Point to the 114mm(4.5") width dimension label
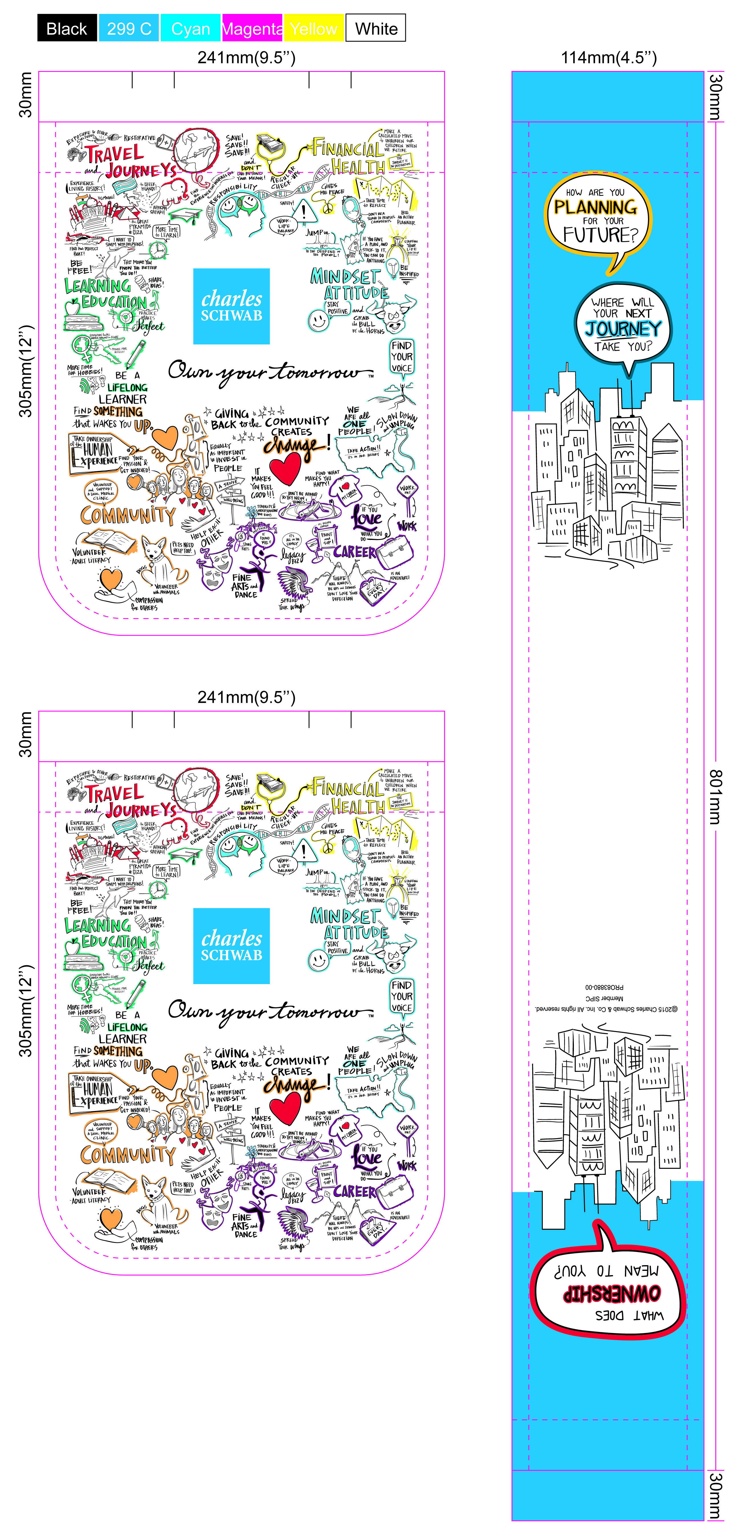608,58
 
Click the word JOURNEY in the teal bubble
623,329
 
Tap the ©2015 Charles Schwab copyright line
606,1009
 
